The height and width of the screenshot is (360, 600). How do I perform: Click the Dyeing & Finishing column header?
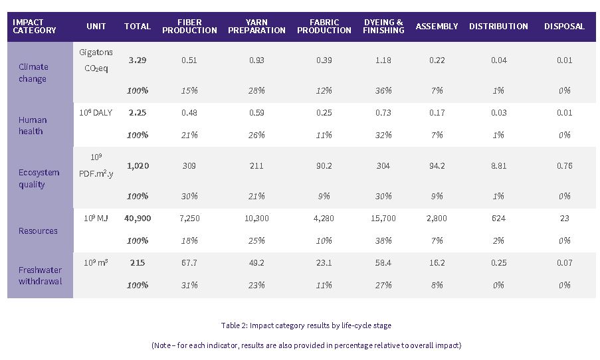tap(383, 27)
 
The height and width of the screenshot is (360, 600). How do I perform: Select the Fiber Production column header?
tap(189, 27)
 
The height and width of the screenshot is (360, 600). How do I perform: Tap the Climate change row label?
tap(33, 73)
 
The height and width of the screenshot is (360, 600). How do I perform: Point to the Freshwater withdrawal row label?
tap(41, 275)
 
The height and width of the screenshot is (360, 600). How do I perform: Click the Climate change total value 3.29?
tap(138, 60)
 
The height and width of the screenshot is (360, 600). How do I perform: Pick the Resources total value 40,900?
tap(138, 218)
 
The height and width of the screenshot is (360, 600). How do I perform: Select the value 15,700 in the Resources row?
tap(383, 218)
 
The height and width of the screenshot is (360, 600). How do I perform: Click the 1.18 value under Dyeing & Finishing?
tap(383, 60)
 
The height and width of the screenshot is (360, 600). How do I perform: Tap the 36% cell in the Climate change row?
tap(383, 90)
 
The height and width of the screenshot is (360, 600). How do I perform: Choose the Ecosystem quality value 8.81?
tap(498, 166)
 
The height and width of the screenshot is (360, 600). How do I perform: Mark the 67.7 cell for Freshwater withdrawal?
tap(189, 262)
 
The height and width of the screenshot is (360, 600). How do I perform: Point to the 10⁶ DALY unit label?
tap(96, 113)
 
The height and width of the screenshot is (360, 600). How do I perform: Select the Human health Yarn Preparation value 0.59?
tap(256, 113)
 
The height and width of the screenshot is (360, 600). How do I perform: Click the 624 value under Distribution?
tap(498, 218)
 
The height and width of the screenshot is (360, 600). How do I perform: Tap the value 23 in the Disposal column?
tap(564, 218)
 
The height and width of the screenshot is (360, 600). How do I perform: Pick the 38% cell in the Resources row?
tap(383, 240)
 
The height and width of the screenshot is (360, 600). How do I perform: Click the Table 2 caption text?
tap(306, 325)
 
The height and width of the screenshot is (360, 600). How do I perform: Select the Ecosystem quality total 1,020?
tap(138, 166)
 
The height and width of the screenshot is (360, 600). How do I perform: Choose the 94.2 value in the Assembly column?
tap(437, 166)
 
